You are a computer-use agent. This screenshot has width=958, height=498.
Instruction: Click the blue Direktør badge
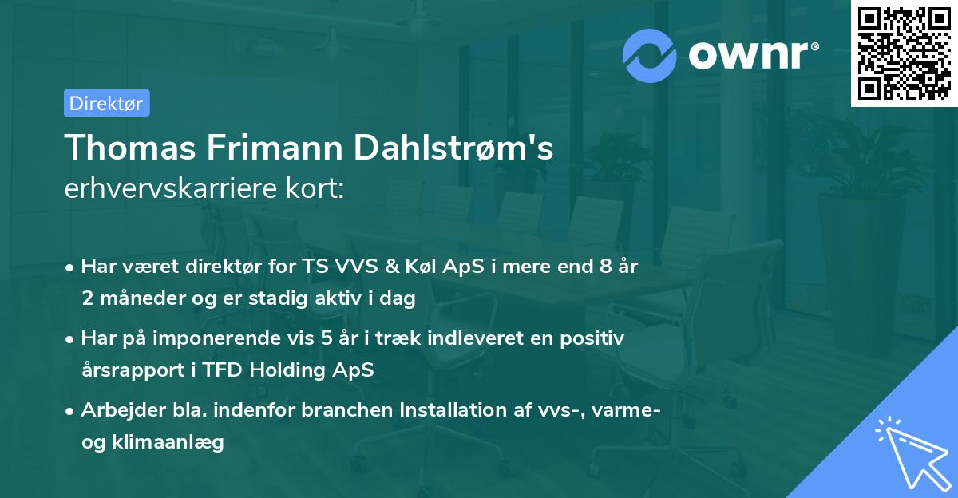(x=106, y=103)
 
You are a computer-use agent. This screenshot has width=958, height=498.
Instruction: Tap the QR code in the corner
(x=904, y=53)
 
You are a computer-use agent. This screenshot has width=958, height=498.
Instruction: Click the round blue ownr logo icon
(x=650, y=54)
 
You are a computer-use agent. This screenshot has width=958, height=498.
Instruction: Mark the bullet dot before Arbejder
(x=72, y=411)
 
